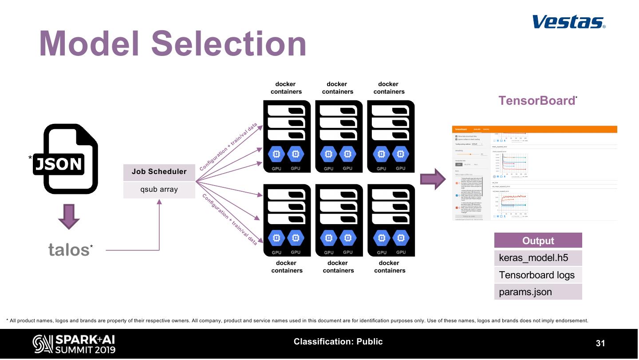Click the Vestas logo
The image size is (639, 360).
click(568, 22)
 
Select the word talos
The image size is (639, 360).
click(69, 250)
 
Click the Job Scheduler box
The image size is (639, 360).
click(159, 172)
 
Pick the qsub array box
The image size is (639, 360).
click(159, 190)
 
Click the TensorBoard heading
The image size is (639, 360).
click(536, 101)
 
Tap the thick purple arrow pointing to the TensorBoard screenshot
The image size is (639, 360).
click(432, 179)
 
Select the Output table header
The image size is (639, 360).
click(538, 241)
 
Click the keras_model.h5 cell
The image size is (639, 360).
click(538, 258)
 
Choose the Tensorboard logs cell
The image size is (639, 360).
click(538, 275)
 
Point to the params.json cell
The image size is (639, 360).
click(538, 292)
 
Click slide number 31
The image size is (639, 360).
click(600, 343)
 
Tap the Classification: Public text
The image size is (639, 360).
click(338, 341)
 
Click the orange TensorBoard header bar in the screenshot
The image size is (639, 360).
click(534, 129)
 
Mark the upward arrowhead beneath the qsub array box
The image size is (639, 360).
click(159, 202)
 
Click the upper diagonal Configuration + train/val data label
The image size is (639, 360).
click(229, 146)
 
